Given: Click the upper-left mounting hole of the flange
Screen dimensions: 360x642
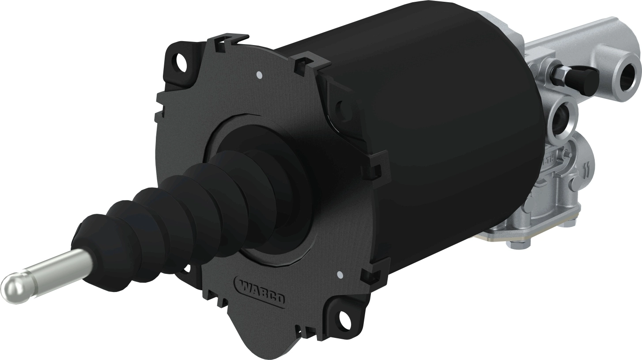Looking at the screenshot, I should (181, 59).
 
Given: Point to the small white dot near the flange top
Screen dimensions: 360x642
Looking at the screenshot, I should (259, 74).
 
